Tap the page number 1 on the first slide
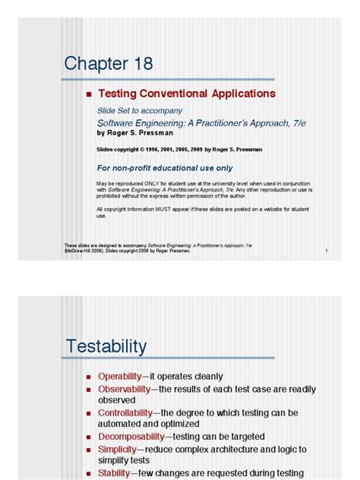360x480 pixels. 325,251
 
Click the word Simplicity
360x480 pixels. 116,449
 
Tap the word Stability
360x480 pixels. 113,472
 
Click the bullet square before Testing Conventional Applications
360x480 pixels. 90,95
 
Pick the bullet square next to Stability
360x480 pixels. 90,473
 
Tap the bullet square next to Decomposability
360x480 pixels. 90,437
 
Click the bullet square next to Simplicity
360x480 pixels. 90,450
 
